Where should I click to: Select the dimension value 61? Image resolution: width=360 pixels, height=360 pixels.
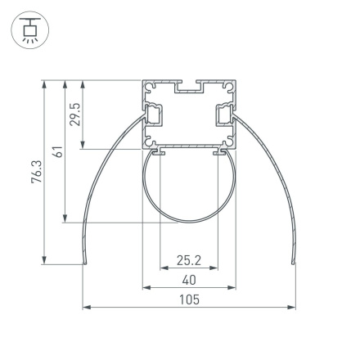57,151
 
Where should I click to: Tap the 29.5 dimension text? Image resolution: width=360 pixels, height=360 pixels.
75,114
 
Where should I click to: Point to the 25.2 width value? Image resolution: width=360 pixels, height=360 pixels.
189,260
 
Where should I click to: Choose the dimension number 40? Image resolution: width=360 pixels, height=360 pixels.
189,280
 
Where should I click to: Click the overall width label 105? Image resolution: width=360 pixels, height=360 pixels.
189,299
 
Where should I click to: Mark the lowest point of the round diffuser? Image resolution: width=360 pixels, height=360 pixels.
189,221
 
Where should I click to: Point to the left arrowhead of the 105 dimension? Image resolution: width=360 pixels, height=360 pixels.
85,308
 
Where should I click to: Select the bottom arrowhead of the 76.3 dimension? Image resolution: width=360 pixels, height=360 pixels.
44,261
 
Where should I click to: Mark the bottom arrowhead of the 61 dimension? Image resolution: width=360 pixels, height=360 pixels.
65,218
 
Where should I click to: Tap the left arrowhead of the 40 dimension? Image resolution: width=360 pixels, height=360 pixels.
146,288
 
